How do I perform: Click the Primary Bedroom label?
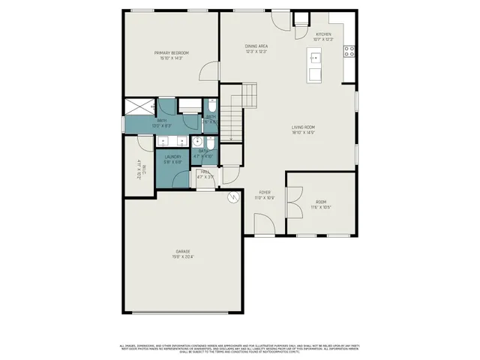171,52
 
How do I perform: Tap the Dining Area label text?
256,46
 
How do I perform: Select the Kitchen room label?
323,34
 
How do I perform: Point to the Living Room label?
303,127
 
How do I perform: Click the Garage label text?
183,250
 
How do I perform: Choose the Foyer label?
265,192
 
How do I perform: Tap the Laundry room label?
173,157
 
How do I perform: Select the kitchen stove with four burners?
349,51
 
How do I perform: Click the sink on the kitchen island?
315,57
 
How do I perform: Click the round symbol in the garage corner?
233,197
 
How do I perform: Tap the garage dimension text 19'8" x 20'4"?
183,256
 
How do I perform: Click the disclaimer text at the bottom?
240,348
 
